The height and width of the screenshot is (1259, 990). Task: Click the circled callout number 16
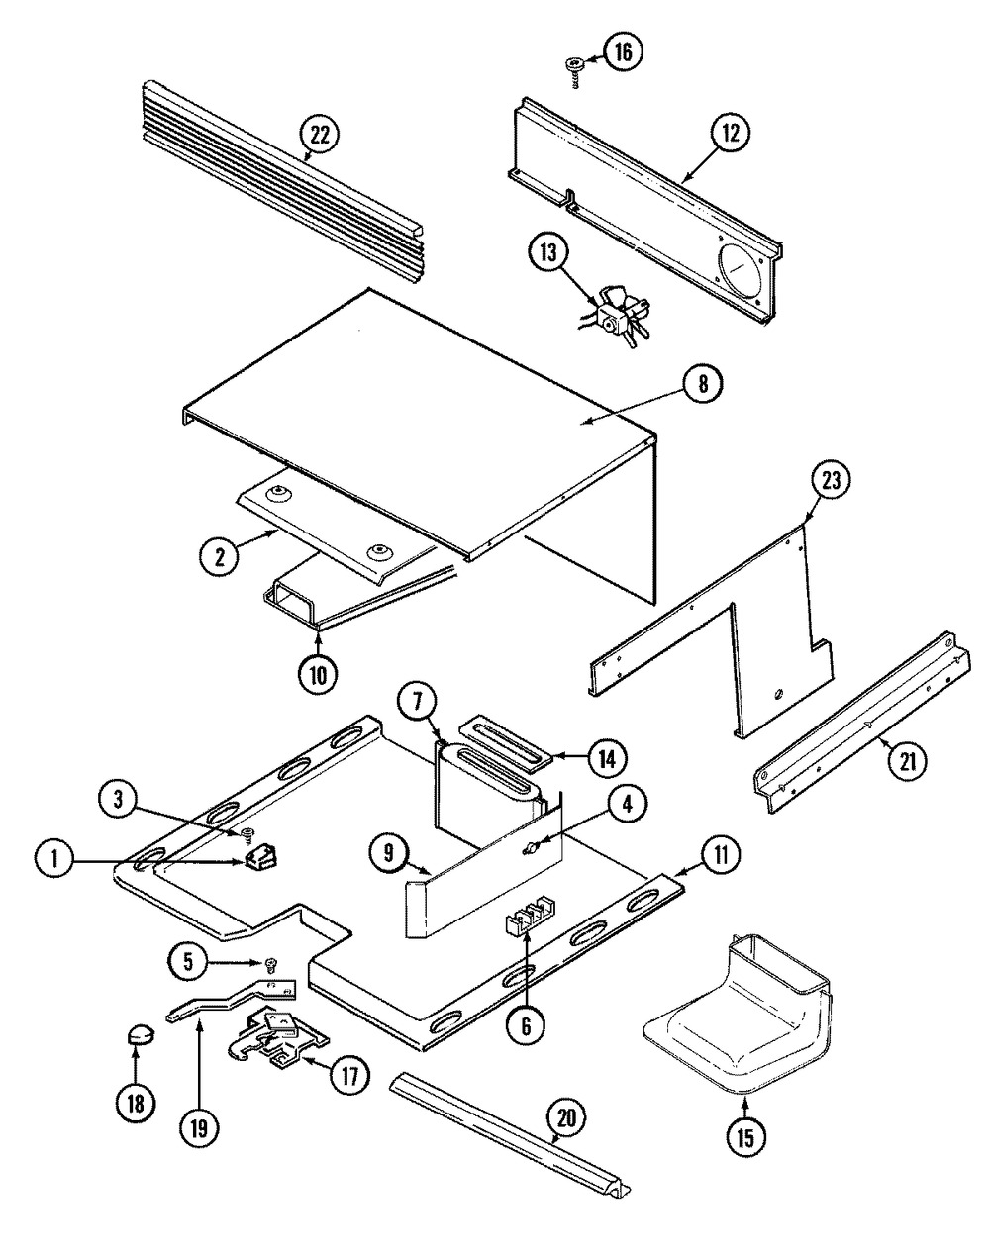(623, 51)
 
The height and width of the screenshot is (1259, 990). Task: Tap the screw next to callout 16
(574, 72)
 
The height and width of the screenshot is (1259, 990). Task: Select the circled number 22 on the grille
(320, 136)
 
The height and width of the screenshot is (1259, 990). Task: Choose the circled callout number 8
(702, 384)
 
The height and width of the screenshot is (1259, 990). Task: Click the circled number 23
(831, 480)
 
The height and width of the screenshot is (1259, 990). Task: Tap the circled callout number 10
(318, 676)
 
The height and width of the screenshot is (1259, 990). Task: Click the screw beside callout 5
(271, 962)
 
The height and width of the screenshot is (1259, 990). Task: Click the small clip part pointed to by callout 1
(261, 859)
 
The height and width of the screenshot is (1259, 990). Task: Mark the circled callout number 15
(746, 1137)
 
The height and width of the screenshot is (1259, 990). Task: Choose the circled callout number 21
(908, 761)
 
